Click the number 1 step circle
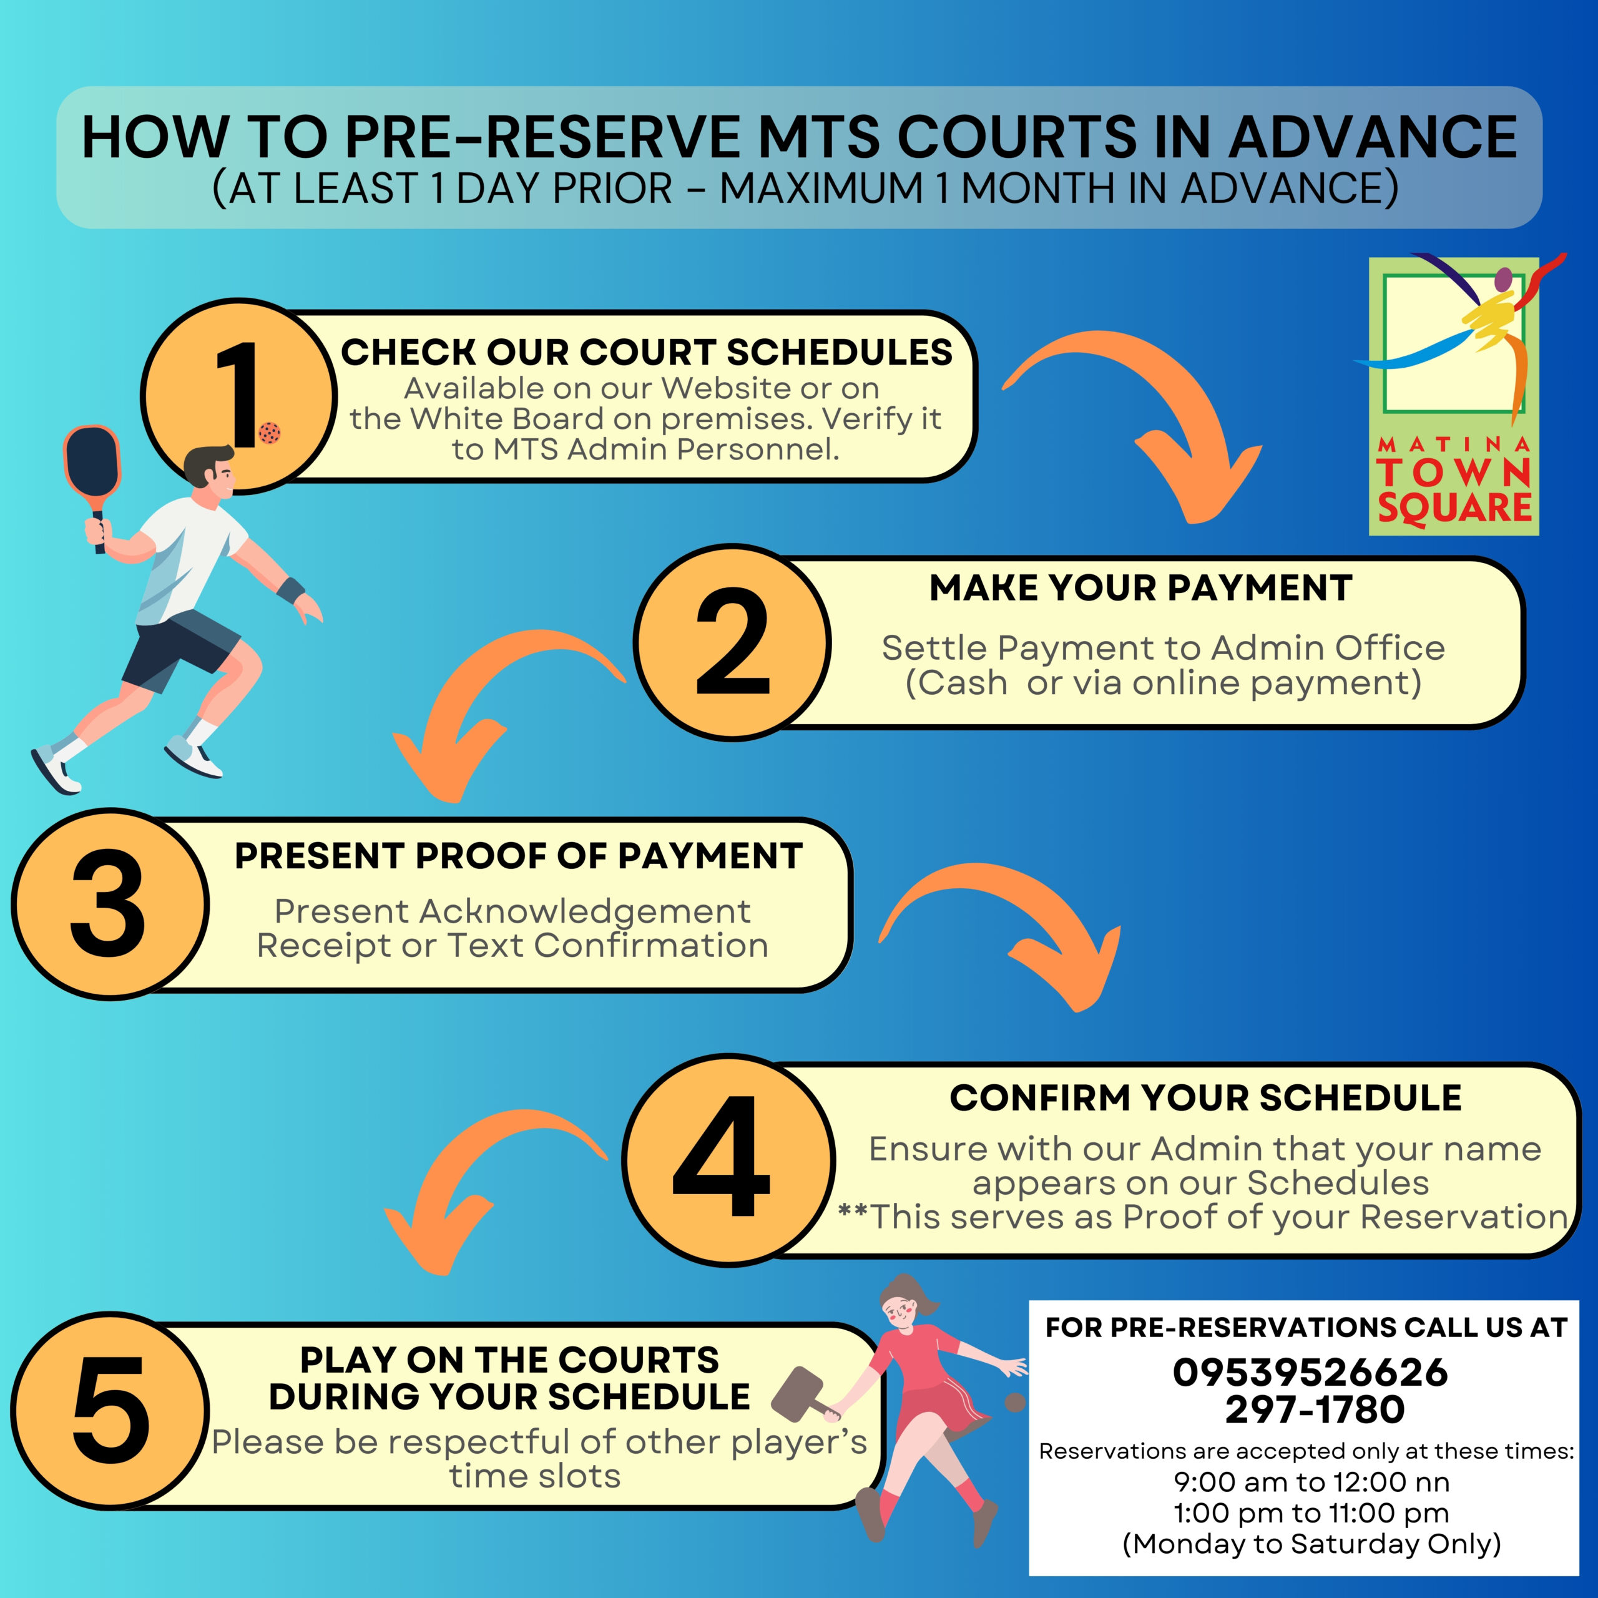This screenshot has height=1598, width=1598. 239,395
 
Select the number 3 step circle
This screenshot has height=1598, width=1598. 109,903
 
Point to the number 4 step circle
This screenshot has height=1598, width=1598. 728,1158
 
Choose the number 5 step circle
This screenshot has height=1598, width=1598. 109,1409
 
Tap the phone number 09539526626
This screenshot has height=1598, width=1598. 1310,1372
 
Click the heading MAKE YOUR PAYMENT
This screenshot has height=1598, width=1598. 1140,588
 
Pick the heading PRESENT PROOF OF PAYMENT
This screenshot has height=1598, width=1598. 519,856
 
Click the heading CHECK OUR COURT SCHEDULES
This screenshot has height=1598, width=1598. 646,352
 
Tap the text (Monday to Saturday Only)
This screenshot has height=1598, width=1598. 1311,1544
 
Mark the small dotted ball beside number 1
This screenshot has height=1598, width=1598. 270,432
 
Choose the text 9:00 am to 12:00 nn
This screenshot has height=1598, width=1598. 1311,1481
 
